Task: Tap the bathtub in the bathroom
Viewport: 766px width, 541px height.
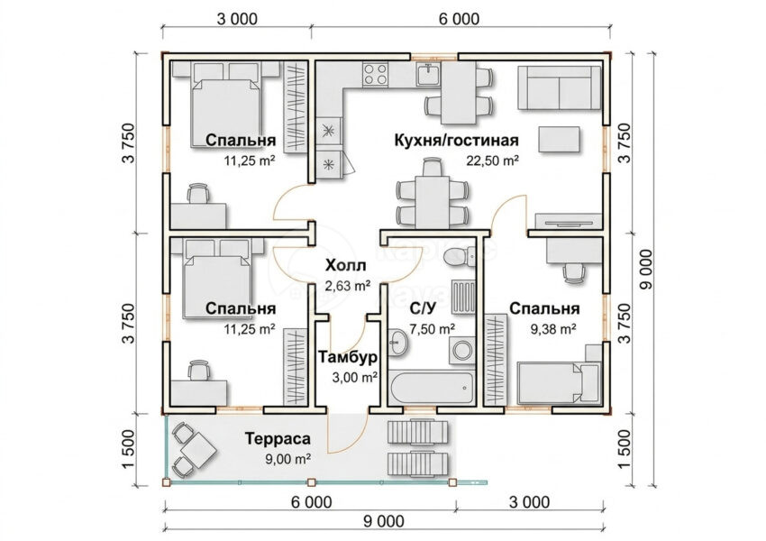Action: pos(432,388)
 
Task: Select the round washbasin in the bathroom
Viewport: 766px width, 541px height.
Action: pos(399,342)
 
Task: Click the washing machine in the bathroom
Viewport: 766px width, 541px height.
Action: pos(461,350)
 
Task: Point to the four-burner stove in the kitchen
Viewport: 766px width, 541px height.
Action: pos(375,74)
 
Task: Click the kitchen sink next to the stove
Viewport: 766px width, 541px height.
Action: pos(429,74)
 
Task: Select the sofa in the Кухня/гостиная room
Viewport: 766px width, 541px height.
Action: pos(560,88)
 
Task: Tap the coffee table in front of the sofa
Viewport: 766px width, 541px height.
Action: pos(560,139)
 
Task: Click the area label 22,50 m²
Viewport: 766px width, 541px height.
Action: pos(492,160)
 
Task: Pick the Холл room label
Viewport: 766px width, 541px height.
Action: pos(345,266)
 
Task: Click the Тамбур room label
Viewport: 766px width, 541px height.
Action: pos(348,357)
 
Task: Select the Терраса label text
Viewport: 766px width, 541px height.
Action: pos(278,439)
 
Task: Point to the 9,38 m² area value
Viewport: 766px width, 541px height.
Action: pos(553,329)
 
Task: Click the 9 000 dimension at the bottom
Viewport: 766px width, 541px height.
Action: pos(384,521)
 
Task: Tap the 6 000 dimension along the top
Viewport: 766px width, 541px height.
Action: pos(460,19)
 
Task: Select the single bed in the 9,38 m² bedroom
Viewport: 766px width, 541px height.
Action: pos(559,383)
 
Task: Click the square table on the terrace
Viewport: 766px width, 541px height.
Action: pos(198,449)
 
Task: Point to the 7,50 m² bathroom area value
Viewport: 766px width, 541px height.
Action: pos(433,329)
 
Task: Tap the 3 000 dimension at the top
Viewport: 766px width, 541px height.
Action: pos(236,19)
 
